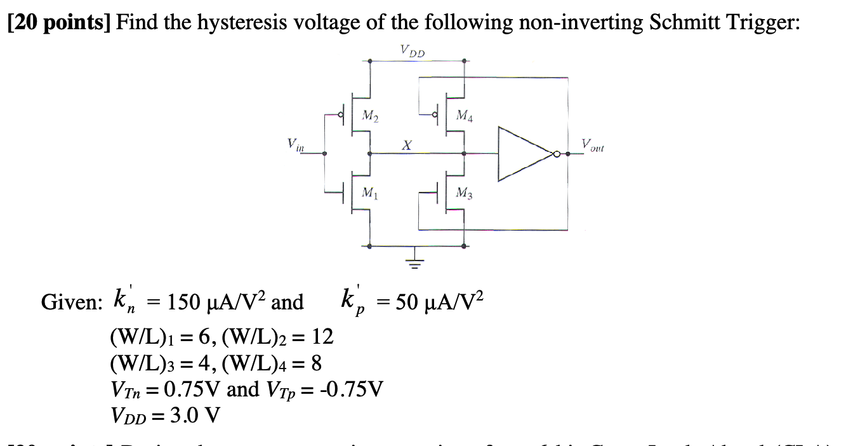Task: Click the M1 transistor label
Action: (x=367, y=193)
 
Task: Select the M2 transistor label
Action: (x=369, y=116)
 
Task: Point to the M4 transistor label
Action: (x=464, y=116)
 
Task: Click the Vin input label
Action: (x=296, y=145)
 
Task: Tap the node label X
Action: (x=404, y=146)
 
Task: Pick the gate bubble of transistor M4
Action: (x=435, y=116)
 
